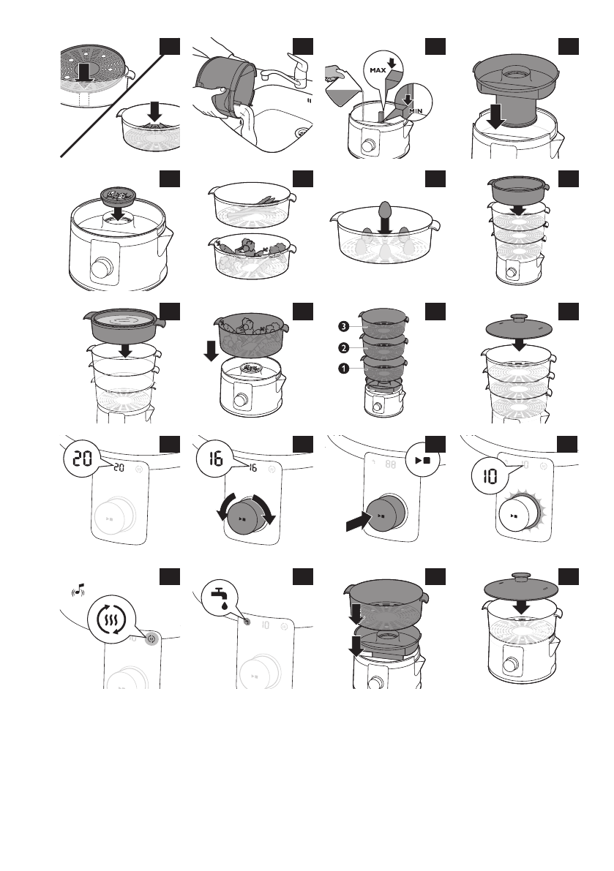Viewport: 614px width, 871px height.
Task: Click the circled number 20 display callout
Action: [83, 459]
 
